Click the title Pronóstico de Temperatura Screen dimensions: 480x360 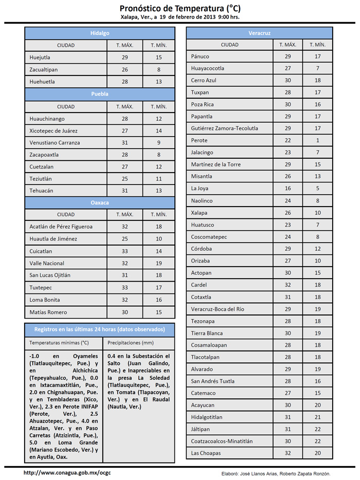click(x=179, y=8)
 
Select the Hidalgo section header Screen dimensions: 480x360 click(x=100, y=33)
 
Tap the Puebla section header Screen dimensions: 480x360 click(x=100, y=94)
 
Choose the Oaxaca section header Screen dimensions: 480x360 click(x=100, y=202)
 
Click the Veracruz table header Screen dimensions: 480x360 click(x=260, y=33)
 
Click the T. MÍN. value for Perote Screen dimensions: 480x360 click(x=318, y=140)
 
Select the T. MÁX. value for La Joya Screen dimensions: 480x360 click(x=288, y=188)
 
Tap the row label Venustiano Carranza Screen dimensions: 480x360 click(x=55, y=142)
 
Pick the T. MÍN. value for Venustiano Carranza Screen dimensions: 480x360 click(x=158, y=142)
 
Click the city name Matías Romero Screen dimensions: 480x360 click(x=49, y=312)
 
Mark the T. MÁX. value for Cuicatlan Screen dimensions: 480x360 click(x=124, y=251)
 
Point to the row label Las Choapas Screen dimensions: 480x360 click(x=206, y=453)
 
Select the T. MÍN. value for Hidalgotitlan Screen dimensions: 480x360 click(x=318, y=417)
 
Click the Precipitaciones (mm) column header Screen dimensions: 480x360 click(x=131, y=342)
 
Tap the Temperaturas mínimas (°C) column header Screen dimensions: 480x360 click(x=59, y=342)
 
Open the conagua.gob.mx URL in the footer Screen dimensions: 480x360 click(x=67, y=472)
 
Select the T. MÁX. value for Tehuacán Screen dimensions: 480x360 click(x=124, y=191)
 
